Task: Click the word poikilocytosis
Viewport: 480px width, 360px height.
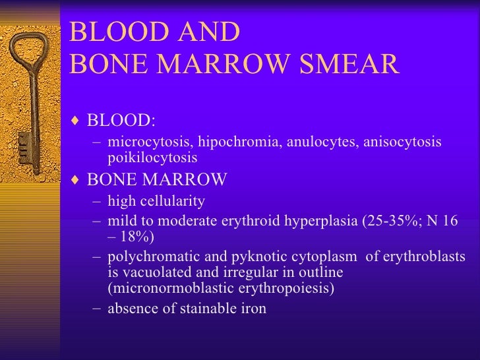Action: [152, 158]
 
